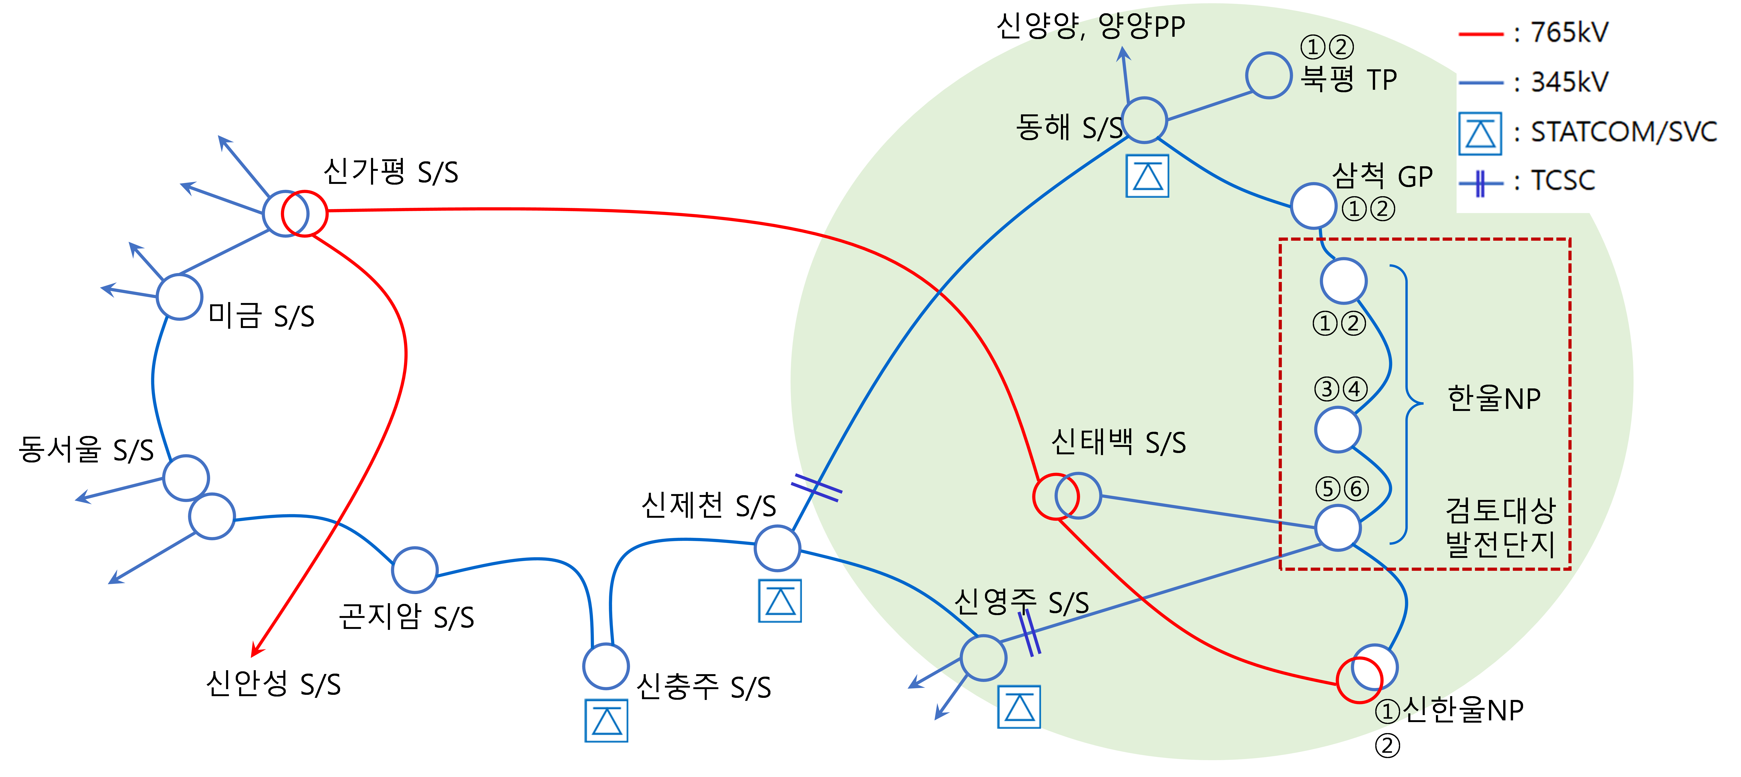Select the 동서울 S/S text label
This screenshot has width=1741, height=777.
[86, 449]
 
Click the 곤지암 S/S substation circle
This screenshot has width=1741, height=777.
[414, 548]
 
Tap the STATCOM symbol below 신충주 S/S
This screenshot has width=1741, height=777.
[606, 720]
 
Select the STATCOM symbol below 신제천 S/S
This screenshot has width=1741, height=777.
[780, 601]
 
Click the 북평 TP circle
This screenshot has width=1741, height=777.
[1269, 53]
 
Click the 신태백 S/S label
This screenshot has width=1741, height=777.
[1119, 443]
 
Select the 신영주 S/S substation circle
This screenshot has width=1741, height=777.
[983, 636]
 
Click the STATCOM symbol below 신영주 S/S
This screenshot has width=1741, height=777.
[1019, 707]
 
